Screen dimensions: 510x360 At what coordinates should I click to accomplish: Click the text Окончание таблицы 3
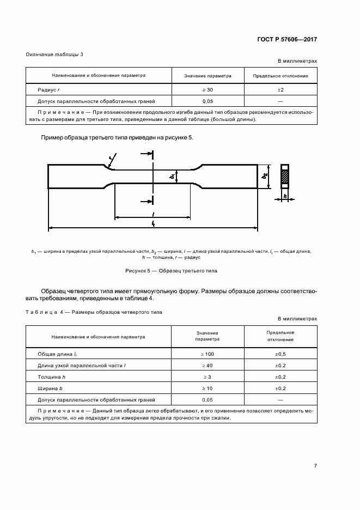tap(54, 54)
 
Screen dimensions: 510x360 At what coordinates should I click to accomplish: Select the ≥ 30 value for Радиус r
tap(208, 89)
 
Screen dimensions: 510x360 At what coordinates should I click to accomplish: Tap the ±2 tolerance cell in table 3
tap(280, 89)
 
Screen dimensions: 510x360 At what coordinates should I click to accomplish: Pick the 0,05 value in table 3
tap(208, 101)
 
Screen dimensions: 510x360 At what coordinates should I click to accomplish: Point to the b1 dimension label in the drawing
tap(172, 177)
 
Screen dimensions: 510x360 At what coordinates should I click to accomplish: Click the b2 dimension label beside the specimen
tap(265, 177)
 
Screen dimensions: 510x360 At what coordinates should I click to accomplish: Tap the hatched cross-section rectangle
tap(284, 177)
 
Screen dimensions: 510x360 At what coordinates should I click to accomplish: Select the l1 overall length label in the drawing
tap(153, 223)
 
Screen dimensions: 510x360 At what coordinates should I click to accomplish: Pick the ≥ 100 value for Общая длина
tap(208, 354)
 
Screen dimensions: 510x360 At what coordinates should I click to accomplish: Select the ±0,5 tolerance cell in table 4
tap(280, 354)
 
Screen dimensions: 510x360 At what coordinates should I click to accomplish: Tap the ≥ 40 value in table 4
tap(208, 365)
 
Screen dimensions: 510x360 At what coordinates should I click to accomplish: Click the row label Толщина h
tap(52, 377)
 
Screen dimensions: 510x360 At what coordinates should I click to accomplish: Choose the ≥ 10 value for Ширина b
tap(208, 388)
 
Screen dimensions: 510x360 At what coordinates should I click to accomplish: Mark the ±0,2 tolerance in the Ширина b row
tap(280, 388)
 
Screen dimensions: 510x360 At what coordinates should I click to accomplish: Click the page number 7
tap(315, 465)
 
